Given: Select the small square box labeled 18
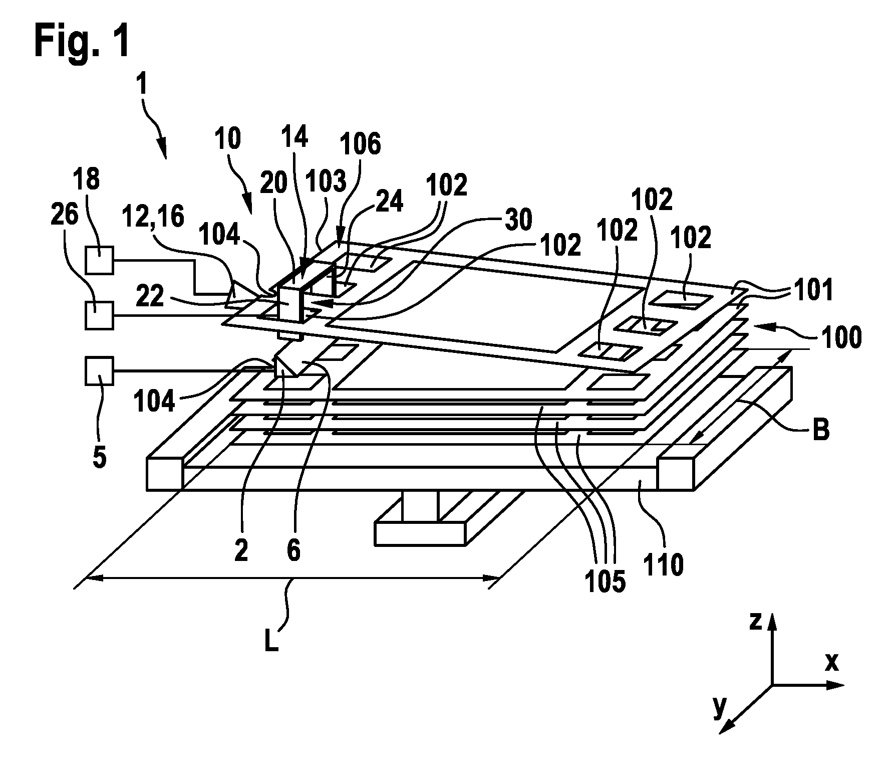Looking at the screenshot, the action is (x=99, y=260).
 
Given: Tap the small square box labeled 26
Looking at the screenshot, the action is (x=99, y=315).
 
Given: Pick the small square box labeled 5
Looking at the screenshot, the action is (x=99, y=371).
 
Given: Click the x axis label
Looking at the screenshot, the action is (x=831, y=662).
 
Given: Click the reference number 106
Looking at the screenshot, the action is (x=360, y=143).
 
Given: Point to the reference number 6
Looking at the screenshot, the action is (x=293, y=551).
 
